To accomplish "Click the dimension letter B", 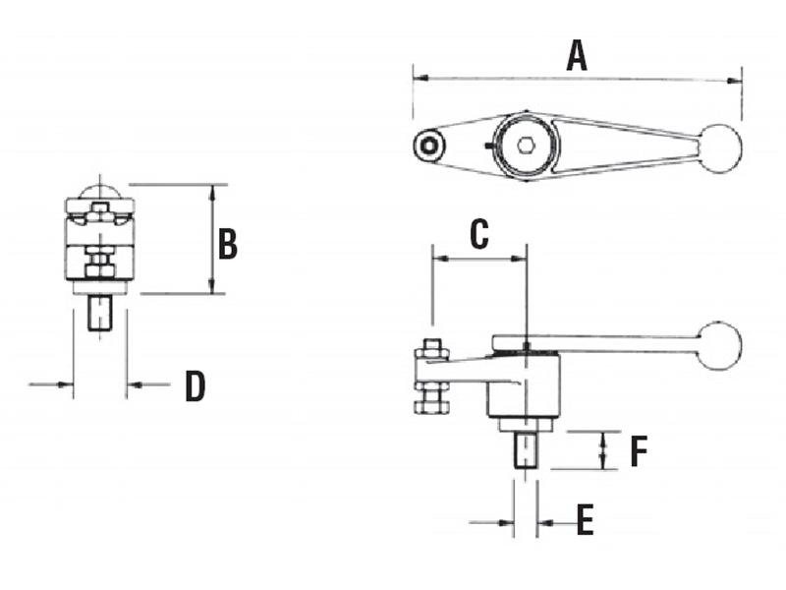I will (227, 243).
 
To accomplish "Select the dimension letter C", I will (478, 234).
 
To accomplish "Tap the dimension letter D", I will (196, 386).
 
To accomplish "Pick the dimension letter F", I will (638, 451).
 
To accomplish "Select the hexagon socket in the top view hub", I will (526, 147).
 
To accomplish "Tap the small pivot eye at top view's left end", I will (428, 146).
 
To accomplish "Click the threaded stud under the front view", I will (99, 314).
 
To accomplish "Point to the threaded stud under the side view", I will (528, 450).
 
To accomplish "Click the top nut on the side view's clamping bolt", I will (432, 349).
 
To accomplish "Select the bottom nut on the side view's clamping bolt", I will (431, 401).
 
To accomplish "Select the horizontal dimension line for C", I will (478, 260).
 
